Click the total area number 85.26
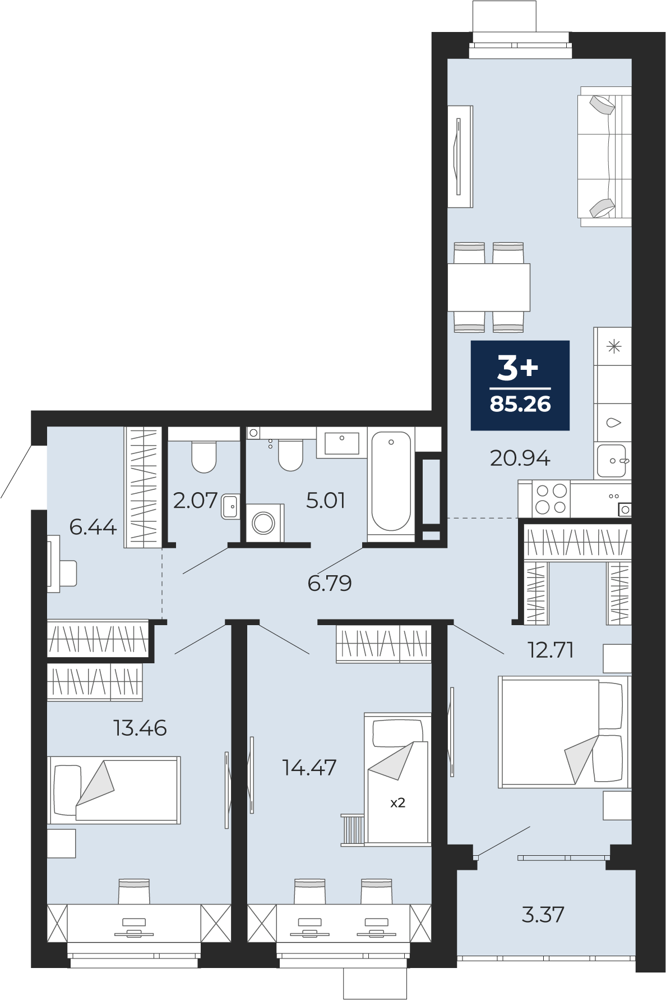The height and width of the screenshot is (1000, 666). [520, 405]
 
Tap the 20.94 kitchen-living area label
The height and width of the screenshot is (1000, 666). [520, 458]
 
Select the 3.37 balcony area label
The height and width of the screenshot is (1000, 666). [543, 915]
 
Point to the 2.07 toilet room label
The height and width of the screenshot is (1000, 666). [195, 500]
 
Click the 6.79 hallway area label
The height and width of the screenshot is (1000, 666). [330, 584]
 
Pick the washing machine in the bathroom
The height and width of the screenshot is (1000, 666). [264, 523]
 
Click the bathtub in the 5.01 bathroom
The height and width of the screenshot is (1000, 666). [391, 481]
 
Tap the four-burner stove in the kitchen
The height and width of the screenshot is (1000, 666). [551, 499]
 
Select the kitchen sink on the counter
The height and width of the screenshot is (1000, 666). [612, 461]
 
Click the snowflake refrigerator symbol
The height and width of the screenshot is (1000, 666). [614, 346]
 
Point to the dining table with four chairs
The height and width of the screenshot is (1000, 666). [489, 287]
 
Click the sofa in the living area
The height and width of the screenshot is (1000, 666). [604, 157]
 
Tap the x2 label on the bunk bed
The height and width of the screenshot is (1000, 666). [397, 803]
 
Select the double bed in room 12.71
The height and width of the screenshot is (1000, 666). [562, 732]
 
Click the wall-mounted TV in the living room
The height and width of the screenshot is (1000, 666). [459, 156]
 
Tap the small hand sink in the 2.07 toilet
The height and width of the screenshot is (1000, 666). [230, 507]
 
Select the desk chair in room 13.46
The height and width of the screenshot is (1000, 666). [134, 891]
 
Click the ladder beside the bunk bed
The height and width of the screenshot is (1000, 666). [353, 830]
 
